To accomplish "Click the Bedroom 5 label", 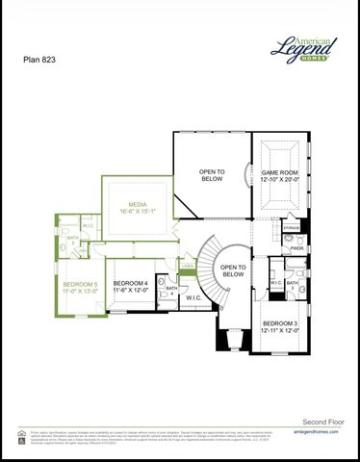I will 81,285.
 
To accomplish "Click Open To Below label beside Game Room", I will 212,174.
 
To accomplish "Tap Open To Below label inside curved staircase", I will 233,270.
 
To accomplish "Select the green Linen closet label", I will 188,267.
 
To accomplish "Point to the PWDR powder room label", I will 296,247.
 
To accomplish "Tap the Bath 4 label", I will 171,290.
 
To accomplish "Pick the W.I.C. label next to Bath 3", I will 275,283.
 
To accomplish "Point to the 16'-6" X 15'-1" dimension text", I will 139,214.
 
